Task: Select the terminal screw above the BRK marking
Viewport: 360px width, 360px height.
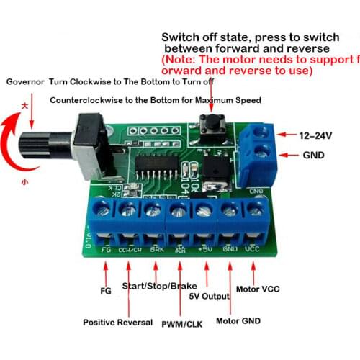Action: [x=153, y=210]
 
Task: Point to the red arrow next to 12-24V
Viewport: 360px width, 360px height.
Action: [x=287, y=135]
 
